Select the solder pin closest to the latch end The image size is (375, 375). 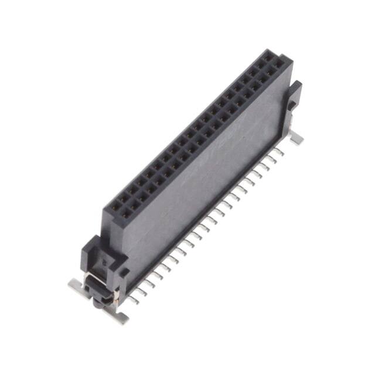[x=135, y=299]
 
